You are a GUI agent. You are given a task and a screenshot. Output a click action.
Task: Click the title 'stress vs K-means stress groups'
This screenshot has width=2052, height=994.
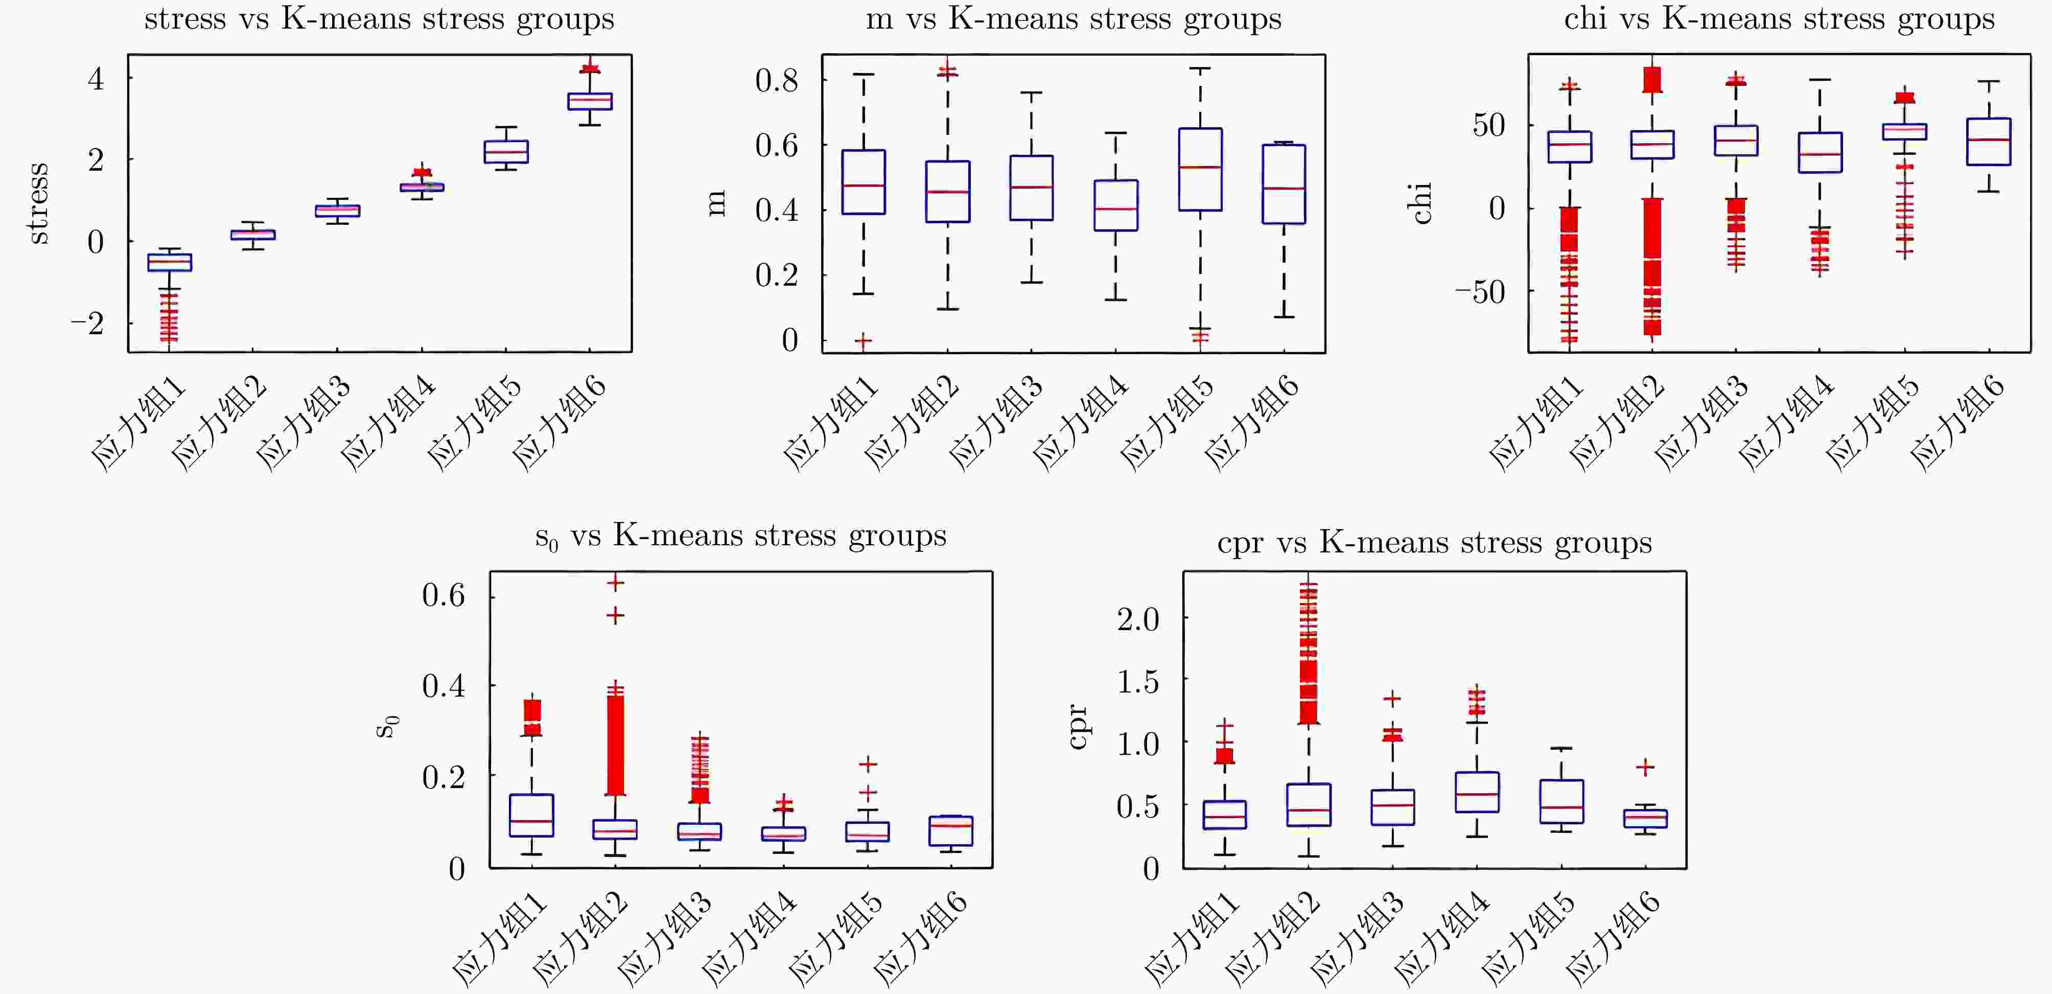(x=379, y=19)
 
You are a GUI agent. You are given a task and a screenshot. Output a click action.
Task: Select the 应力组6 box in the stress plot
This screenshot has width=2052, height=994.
(x=590, y=101)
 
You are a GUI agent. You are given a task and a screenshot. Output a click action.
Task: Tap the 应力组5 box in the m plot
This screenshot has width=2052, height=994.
(x=1200, y=169)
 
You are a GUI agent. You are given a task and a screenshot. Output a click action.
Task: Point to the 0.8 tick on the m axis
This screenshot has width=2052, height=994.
(x=777, y=80)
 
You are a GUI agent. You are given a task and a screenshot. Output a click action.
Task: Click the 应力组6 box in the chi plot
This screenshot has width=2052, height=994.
(x=1988, y=142)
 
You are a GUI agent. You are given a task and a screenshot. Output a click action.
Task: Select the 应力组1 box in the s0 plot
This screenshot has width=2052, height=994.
(x=531, y=815)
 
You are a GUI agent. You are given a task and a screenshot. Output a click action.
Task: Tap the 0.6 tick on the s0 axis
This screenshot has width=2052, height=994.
(x=444, y=595)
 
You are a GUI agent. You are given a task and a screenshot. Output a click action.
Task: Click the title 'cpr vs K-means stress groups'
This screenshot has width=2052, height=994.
(x=1434, y=543)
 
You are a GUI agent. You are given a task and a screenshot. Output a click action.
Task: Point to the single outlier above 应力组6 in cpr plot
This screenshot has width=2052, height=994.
(x=1645, y=767)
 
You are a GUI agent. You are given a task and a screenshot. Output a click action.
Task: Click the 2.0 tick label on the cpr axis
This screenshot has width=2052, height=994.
(x=1137, y=618)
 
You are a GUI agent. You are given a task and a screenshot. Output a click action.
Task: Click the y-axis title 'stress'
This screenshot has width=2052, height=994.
(x=37, y=202)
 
